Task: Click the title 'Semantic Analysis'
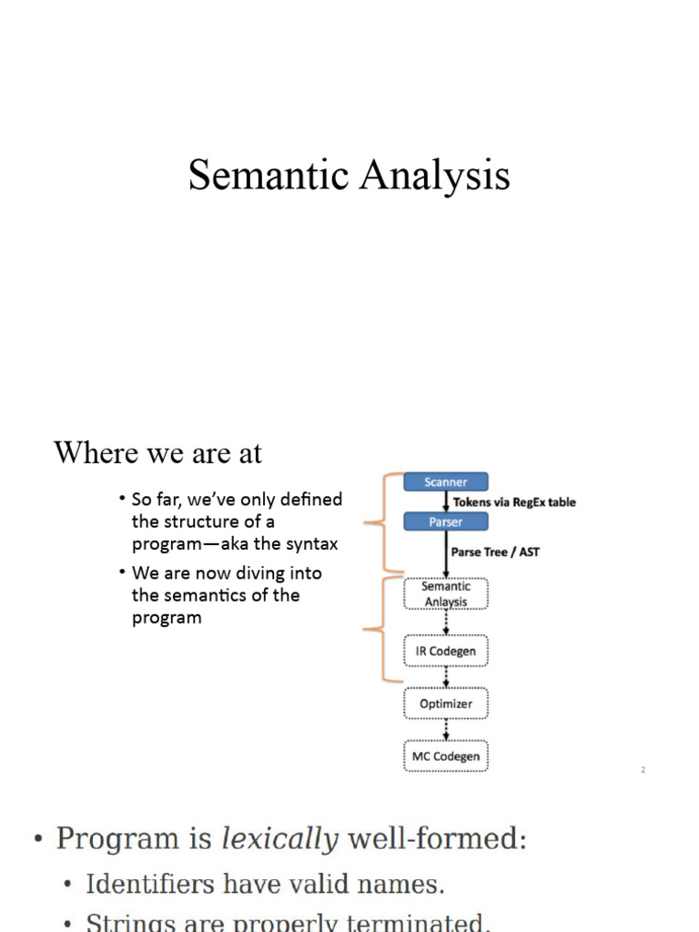click(x=349, y=176)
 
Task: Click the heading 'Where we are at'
click(x=157, y=452)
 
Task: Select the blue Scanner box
click(x=445, y=482)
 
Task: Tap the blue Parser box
click(x=445, y=522)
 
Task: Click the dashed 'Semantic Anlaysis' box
click(x=445, y=593)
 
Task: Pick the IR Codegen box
click(x=445, y=651)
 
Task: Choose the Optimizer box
click(x=445, y=704)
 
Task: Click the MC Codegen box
click(x=445, y=756)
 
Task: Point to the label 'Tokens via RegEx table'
click(x=513, y=501)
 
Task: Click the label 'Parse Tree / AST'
click(x=495, y=552)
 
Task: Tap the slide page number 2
click(x=643, y=770)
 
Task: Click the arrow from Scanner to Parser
click(x=445, y=501)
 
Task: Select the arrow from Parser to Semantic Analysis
click(x=445, y=553)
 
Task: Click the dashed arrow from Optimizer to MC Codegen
click(x=445, y=730)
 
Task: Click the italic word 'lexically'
click(x=279, y=838)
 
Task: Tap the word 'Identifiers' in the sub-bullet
click(x=137, y=884)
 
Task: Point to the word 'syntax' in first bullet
click(x=309, y=544)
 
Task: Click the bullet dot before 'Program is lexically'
click(x=38, y=839)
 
